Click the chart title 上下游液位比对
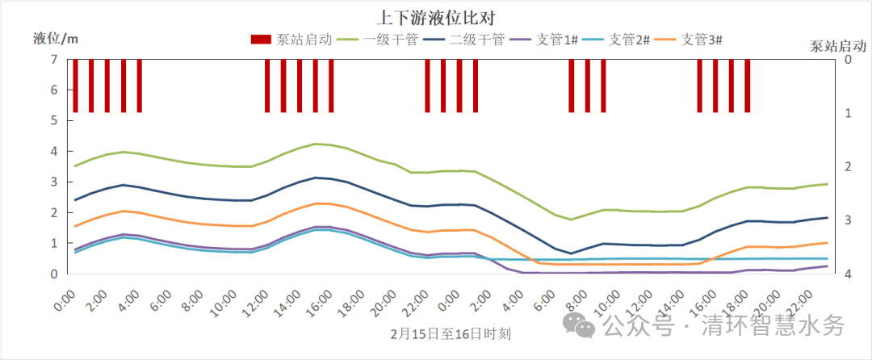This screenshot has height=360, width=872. coord(435,17)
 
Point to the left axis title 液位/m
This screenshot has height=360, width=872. coord(56,38)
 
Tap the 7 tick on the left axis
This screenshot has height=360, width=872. coord(53,60)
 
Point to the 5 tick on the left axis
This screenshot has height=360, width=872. coord(53,121)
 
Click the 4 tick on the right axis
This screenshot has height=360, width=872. coord(848,274)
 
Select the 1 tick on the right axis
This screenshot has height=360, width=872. coord(848,113)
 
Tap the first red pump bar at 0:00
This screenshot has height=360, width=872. coord(75,86)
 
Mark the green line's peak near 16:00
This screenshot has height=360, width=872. coord(316,144)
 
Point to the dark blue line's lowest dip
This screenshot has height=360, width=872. coord(571,253)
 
